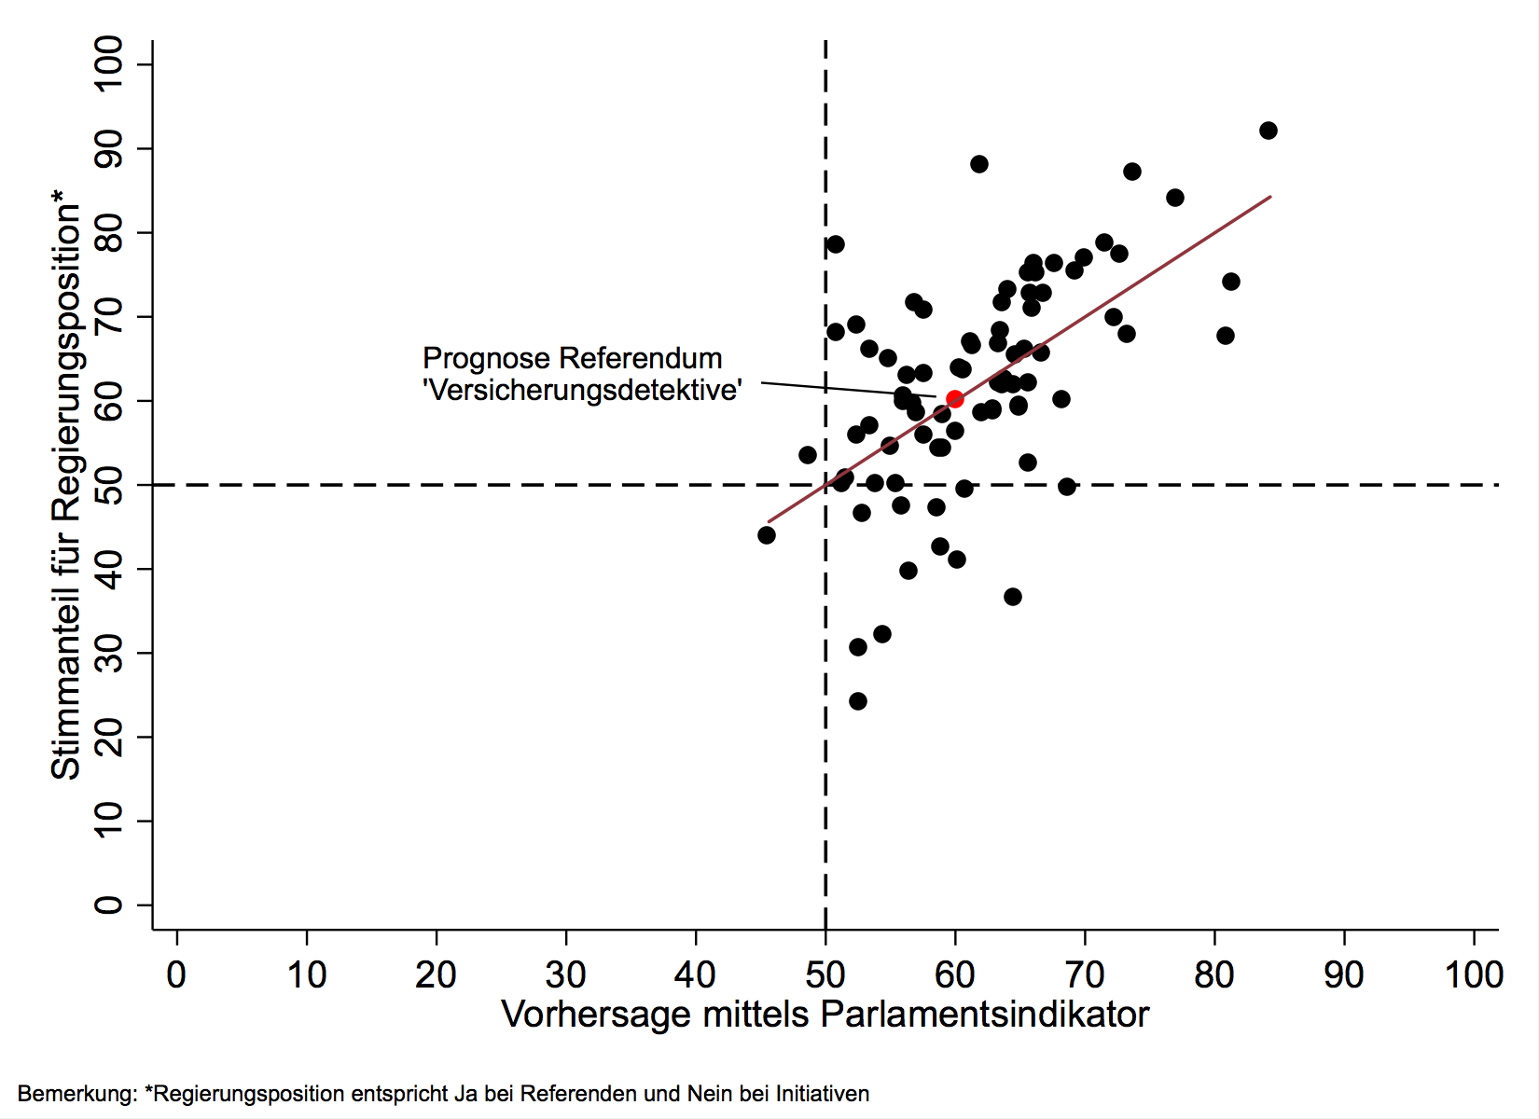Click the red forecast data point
[x=954, y=399]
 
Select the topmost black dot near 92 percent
[x=1268, y=131]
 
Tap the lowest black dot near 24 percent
[x=858, y=701]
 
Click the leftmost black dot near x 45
[x=767, y=535]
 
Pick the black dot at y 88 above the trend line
[x=978, y=164]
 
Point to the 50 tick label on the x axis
[x=825, y=975]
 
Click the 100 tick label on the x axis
[x=1474, y=975]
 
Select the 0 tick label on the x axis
[x=176, y=975]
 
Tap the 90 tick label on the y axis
[x=108, y=149]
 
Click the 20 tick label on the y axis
[x=108, y=737]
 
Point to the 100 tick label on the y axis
[x=108, y=63]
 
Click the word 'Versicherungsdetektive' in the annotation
[x=583, y=390]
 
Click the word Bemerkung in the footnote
[x=76, y=1094]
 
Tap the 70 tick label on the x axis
[x=1085, y=975]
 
